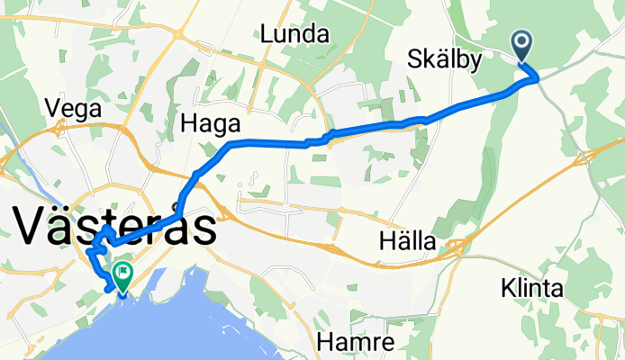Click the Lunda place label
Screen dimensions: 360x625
(x=295, y=35)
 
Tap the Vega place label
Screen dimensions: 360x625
(x=77, y=107)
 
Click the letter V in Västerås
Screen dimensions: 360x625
(x=33, y=226)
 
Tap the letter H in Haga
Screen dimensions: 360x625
(x=190, y=121)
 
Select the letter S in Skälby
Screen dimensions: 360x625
(x=413, y=59)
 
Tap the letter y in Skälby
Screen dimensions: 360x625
(x=476, y=62)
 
